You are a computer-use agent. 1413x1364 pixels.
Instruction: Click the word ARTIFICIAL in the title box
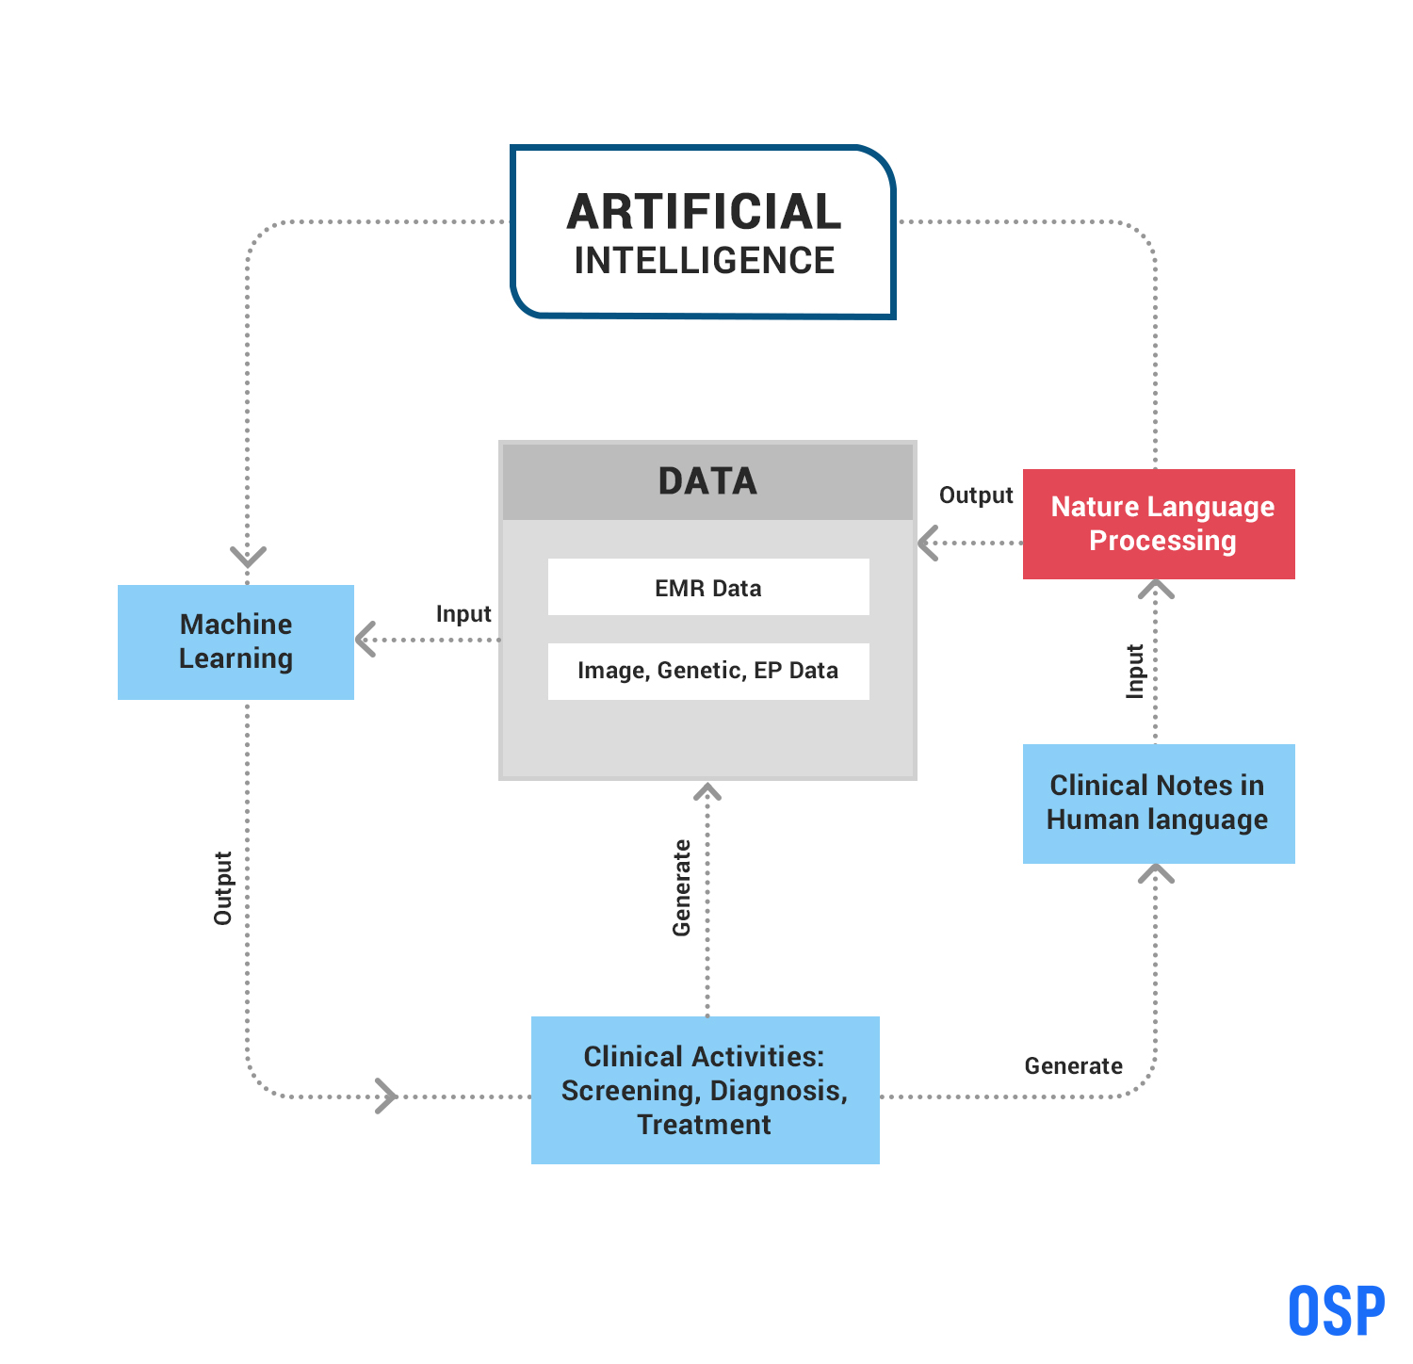click(x=704, y=212)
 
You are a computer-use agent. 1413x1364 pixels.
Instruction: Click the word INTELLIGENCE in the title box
click(x=704, y=261)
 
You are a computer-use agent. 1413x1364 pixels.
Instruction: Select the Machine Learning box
click(x=235, y=641)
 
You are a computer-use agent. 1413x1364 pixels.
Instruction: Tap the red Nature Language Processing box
click(x=1159, y=524)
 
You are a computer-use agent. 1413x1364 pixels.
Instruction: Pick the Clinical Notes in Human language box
click(x=1159, y=803)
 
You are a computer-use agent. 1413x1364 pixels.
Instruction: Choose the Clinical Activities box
click(x=705, y=1090)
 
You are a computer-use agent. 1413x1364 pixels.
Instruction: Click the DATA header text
click(x=707, y=481)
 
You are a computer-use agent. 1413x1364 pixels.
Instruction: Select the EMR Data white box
click(x=708, y=588)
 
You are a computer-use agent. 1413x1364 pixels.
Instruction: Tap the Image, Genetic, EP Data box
click(x=708, y=671)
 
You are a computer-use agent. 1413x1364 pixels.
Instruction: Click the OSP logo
click(x=1337, y=1310)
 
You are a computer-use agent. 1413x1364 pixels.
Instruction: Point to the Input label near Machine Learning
click(x=463, y=614)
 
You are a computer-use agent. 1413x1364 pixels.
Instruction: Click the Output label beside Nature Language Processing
click(x=976, y=495)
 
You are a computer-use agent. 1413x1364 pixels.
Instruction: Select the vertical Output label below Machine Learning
click(x=223, y=888)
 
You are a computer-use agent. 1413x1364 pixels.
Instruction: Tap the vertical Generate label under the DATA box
click(x=682, y=888)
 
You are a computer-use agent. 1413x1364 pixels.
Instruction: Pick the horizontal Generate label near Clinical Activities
click(x=1073, y=1066)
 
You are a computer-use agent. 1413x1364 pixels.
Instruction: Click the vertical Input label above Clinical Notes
click(x=1135, y=672)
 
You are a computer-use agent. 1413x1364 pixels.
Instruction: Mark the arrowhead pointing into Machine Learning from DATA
click(x=365, y=640)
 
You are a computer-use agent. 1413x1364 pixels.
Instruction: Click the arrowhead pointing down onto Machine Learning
click(x=248, y=556)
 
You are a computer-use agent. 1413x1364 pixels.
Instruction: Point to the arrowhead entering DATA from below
click(x=707, y=792)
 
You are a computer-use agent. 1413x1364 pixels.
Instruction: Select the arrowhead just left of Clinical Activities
click(x=386, y=1096)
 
